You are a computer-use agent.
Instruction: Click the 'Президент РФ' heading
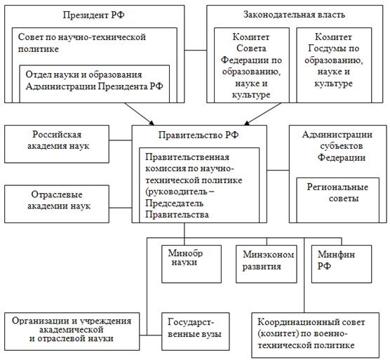pyautogui.click(x=93, y=15)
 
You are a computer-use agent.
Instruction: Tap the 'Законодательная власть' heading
pyautogui.click(x=294, y=15)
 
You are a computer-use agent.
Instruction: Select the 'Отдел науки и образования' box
pyautogui.click(x=95, y=84)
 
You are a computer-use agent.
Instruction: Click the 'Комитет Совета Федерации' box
pyautogui.click(x=252, y=65)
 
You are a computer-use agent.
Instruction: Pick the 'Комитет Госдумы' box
pyautogui.click(x=334, y=65)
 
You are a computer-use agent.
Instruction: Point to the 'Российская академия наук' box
pyautogui.click(x=57, y=144)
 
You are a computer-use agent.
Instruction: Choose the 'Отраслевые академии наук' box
pyautogui.click(x=57, y=204)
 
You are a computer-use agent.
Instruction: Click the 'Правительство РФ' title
pyautogui.click(x=199, y=135)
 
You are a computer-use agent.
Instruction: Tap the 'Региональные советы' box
pyautogui.click(x=338, y=200)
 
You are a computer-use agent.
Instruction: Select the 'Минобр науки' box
pyautogui.click(x=191, y=264)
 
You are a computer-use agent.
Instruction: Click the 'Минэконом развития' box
pyautogui.click(x=267, y=264)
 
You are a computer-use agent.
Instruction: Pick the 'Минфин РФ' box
pyautogui.click(x=342, y=264)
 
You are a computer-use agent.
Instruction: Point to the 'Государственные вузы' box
pyautogui.click(x=196, y=331)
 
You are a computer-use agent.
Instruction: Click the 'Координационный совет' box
pyautogui.click(x=316, y=335)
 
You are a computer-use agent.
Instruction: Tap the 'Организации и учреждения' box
pyautogui.click(x=72, y=331)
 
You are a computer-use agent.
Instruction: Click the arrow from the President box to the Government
pyautogui.click(x=140, y=114)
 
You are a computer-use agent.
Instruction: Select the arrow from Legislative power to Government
pyautogui.click(x=262, y=114)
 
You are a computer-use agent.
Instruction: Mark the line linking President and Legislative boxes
pyautogui.click(x=196, y=51)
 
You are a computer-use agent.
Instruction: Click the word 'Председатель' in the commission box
pyautogui.click(x=175, y=204)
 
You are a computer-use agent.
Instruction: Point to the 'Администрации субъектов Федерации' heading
pyautogui.click(x=337, y=146)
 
